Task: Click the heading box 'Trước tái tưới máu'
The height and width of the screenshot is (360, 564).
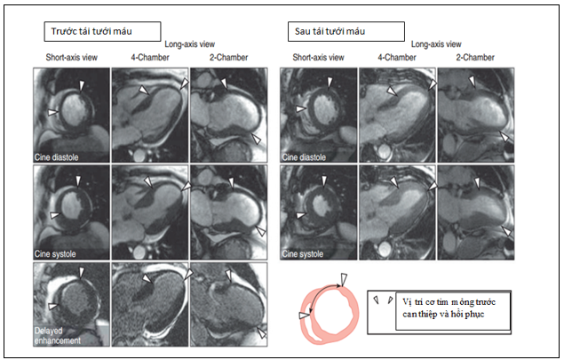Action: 102,31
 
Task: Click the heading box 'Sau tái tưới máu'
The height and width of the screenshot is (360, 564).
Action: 346,31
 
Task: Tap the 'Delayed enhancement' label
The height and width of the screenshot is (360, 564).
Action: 57,335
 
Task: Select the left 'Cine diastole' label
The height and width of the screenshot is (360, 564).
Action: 56,157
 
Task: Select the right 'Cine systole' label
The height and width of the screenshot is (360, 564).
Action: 303,254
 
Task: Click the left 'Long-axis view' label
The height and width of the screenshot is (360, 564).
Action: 189,44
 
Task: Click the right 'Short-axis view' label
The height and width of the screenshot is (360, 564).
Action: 318,57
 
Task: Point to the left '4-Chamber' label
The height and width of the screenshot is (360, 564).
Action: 149,57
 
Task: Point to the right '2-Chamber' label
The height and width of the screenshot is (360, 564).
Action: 475,57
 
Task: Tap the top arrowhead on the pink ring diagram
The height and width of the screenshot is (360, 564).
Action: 344,279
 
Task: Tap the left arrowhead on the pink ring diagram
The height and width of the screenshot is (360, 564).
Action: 304,316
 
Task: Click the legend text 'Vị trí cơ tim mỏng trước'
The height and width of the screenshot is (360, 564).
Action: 449,301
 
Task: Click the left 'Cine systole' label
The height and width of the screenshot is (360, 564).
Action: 55,254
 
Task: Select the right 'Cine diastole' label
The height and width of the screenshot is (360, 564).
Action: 304,157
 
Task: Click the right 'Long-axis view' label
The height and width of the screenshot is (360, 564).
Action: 436,44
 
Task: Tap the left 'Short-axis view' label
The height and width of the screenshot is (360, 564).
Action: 71,57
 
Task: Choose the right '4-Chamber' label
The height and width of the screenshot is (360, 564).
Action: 397,57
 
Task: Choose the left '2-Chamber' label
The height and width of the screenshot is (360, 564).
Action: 229,57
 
